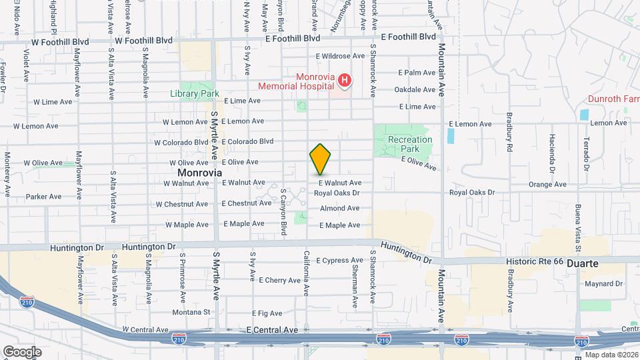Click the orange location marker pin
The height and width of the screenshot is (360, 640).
pos(320,159)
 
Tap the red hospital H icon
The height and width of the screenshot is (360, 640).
pos(345,81)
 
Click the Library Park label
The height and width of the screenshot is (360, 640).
pos(194,94)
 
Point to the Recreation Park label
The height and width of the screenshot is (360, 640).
pos(410,144)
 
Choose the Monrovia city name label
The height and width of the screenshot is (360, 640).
pos(199,172)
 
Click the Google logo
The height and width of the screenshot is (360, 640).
pos(22,351)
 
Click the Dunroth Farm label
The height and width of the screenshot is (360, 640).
pos(613,99)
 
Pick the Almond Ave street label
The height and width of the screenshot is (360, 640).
pos(339,209)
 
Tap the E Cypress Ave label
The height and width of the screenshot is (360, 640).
pos(339,260)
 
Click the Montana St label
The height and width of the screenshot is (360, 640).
pos(190,312)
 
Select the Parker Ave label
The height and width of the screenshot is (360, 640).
pos(43,197)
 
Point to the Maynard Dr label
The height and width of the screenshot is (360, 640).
pos(604,283)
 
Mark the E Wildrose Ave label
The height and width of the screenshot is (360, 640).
pos(342,57)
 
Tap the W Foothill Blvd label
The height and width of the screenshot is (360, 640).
pos(143,41)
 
